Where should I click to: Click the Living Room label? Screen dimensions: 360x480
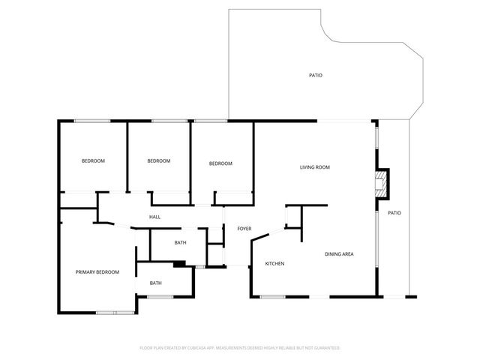tap(315, 167)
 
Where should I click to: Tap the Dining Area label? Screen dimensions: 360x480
tap(339, 254)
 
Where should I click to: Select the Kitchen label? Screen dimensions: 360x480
tap(274, 263)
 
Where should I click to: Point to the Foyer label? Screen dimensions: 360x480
tap(244, 229)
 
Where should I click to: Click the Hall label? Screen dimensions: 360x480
tap(154, 217)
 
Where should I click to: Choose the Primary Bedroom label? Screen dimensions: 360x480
tap(97, 272)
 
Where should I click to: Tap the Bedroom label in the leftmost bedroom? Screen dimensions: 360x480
tap(93, 161)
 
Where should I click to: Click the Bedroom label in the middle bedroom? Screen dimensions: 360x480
tap(158, 161)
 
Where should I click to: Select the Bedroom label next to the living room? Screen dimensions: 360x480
tap(220, 163)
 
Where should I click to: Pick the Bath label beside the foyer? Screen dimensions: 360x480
tap(180, 242)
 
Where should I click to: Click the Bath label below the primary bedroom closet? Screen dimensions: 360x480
tap(155, 283)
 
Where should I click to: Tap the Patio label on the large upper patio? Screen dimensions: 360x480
tap(316, 75)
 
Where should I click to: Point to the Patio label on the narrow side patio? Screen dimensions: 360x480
tap(394, 213)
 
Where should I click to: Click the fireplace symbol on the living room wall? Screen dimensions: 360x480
tap(382, 184)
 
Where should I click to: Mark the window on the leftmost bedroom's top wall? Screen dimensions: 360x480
tap(93, 121)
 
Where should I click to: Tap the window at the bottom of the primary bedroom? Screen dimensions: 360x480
tap(115, 311)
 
